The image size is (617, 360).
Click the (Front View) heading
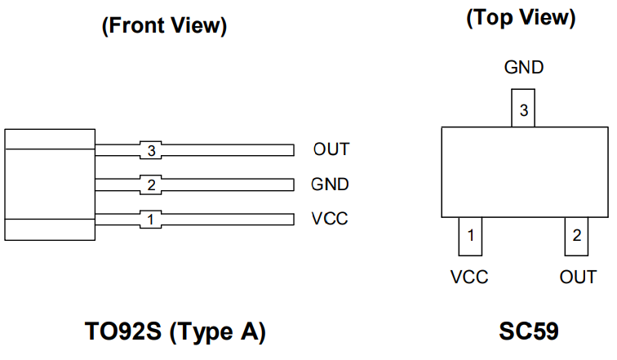coord(163,26)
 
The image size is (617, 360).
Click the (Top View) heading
coord(521,19)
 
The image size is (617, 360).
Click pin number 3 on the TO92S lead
coord(151,150)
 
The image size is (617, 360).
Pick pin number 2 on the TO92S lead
coord(151,185)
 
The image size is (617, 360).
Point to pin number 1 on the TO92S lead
coord(150,220)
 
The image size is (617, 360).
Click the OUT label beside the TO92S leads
coord(331,149)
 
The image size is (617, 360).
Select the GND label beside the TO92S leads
coord(330,184)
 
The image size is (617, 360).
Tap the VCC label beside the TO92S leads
coord(329,219)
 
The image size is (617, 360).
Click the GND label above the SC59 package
coord(523,68)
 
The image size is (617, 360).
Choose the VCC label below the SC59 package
coord(469,278)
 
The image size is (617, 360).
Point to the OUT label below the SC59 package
coord(578,278)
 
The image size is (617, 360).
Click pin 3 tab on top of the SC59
coord(523,109)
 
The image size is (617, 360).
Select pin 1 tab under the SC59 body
coord(470,237)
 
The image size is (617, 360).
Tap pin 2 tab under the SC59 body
coord(577,237)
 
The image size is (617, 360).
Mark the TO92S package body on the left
coord(49,184)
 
